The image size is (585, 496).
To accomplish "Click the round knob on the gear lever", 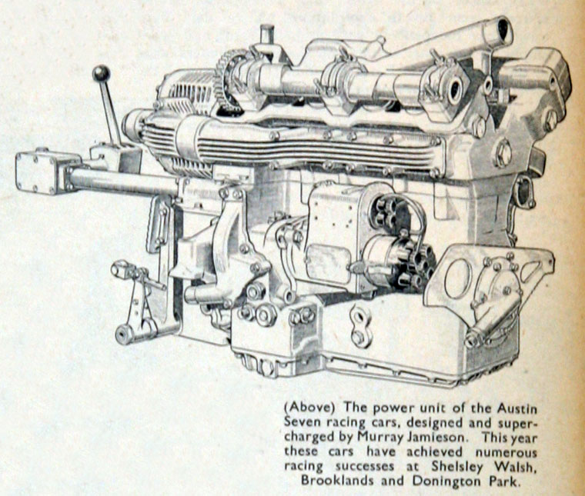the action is pyautogui.click(x=101, y=73).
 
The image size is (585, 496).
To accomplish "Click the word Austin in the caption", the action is pyautogui.click(x=517, y=408).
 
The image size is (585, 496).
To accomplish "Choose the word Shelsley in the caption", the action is pyautogui.click(x=456, y=467).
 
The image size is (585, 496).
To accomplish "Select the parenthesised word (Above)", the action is pyautogui.click(x=308, y=408).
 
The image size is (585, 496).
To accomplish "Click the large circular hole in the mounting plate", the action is pyautogui.click(x=458, y=278).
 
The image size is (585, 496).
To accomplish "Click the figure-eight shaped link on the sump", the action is pyautogui.click(x=360, y=325).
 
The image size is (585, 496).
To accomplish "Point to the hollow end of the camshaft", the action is pyautogui.click(x=454, y=91).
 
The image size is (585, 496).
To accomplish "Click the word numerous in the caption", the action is pyautogui.click(x=506, y=452).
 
